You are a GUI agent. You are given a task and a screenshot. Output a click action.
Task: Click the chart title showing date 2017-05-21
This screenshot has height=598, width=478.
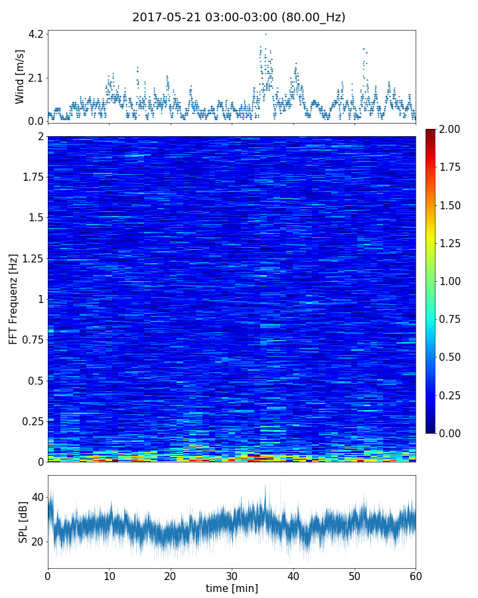pyautogui.click(x=238, y=17)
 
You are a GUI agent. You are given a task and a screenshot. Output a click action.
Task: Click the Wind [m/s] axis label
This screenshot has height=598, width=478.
pyautogui.click(x=20, y=76)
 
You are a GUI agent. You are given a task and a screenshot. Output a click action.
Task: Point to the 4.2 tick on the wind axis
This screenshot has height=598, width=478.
pyautogui.click(x=35, y=34)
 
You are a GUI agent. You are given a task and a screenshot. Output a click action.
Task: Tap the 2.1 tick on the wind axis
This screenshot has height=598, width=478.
pyautogui.click(x=35, y=77)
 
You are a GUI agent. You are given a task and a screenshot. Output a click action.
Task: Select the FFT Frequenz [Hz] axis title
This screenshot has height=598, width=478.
pyautogui.click(x=13, y=299)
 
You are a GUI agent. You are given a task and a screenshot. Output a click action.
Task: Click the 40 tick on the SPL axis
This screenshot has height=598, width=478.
pyautogui.click(x=37, y=497)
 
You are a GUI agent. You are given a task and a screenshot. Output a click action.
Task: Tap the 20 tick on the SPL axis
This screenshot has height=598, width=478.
pyautogui.click(x=37, y=542)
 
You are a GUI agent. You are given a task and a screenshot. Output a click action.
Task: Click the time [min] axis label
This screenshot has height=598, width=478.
pyautogui.click(x=232, y=588)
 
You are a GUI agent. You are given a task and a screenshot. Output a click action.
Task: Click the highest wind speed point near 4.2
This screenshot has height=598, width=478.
pyautogui.click(x=266, y=34)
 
